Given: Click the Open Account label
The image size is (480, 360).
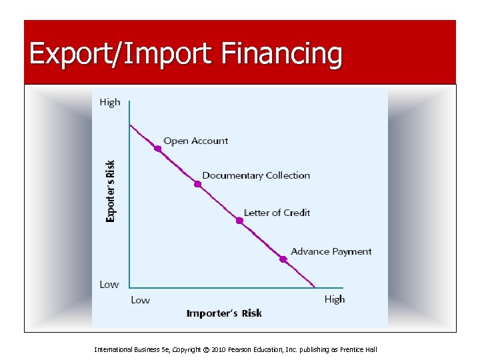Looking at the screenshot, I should click(195, 141).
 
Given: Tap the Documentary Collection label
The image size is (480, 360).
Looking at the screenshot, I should click(256, 175).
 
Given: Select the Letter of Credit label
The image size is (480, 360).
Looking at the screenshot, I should click(277, 213).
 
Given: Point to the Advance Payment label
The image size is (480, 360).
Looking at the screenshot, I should click(331, 251).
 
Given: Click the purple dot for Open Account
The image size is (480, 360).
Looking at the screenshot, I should click(158, 149).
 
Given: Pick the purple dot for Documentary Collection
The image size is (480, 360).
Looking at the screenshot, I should click(197, 184).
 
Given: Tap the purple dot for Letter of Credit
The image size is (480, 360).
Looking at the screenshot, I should click(239, 221).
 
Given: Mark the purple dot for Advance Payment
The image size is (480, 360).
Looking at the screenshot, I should click(283, 259).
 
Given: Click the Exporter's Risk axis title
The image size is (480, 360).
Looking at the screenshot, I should click(111, 191).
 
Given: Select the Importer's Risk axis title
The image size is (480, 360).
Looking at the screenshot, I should click(224, 313).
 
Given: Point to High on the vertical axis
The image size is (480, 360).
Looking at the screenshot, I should click(110, 102).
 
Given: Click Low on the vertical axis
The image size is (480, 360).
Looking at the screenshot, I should click(109, 285).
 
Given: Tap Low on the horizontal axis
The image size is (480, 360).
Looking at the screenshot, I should click(140, 300).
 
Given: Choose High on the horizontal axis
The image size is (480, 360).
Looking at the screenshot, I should click(335, 299).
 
